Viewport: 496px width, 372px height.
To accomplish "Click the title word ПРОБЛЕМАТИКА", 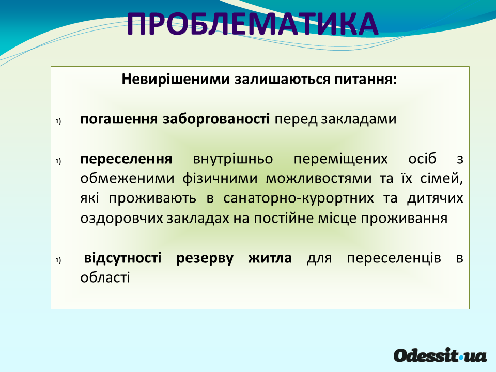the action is tap(253, 24).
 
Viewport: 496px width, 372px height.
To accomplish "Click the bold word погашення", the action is tap(119, 119).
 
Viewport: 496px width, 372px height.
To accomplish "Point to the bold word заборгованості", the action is tap(216, 119).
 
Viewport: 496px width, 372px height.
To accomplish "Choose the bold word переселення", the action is tap(126, 159).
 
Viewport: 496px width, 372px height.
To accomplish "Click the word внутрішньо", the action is tap(233, 159).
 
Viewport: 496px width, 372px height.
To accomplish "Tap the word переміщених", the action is tap(340, 159).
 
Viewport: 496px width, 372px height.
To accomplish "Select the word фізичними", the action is tap(220, 179).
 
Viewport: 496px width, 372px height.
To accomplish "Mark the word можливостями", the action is tap(319, 179).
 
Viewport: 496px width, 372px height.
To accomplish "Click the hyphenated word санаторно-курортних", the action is tap(299, 198).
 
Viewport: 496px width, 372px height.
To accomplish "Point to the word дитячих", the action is tap(435, 198).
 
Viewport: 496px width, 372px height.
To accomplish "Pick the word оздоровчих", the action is tap(121, 219).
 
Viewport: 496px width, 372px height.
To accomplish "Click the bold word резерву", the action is tap(205, 258).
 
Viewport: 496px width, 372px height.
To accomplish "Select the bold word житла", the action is tap(270, 258).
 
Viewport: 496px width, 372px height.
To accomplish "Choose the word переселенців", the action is tap(394, 258).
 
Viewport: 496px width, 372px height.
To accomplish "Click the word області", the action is tap(105, 277).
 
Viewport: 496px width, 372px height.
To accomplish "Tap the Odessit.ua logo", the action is tap(440, 355).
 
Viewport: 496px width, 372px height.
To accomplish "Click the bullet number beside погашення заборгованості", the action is tap(58, 121).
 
